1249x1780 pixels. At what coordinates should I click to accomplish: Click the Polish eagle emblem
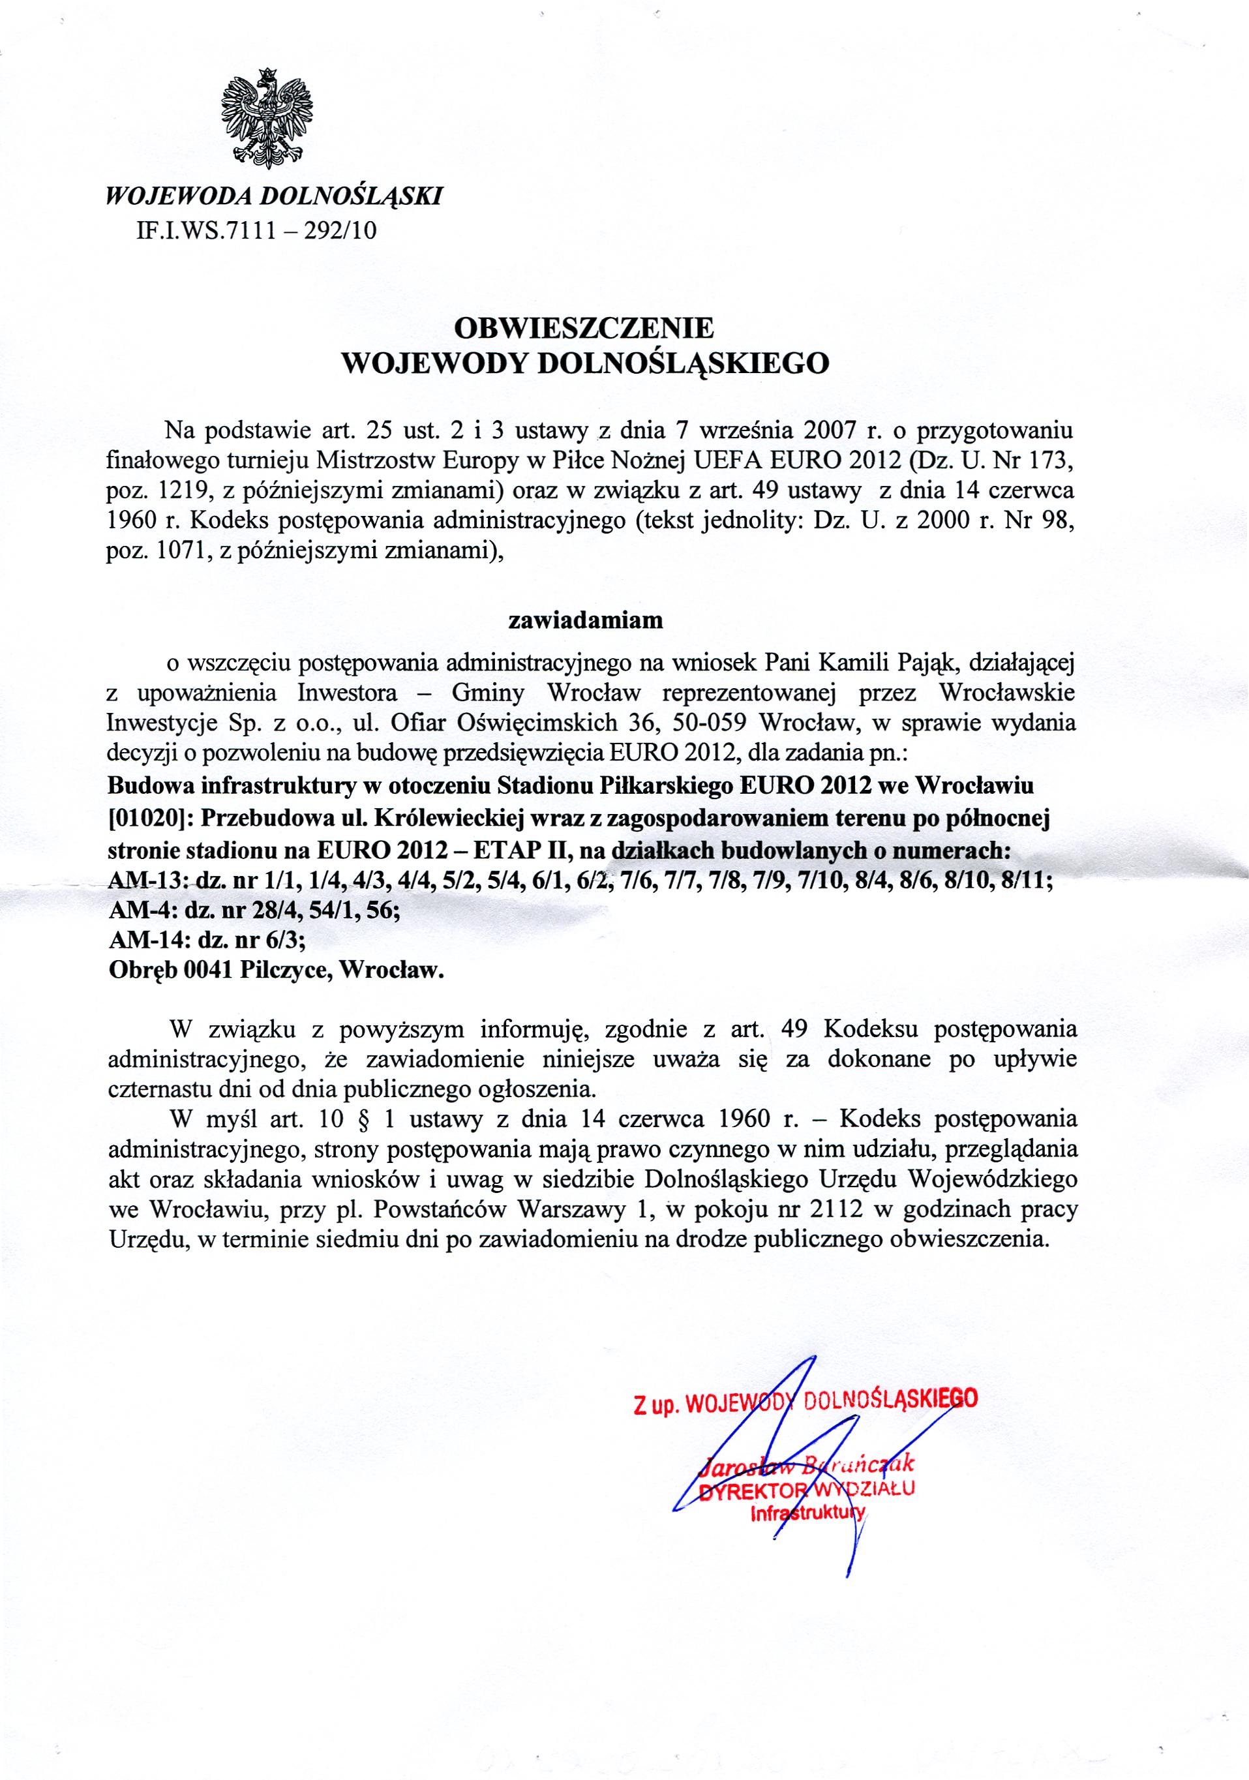267,118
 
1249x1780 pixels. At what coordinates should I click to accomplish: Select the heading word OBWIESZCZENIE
583,328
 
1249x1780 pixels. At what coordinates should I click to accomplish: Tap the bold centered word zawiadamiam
585,620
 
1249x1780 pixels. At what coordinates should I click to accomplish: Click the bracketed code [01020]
143,819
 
